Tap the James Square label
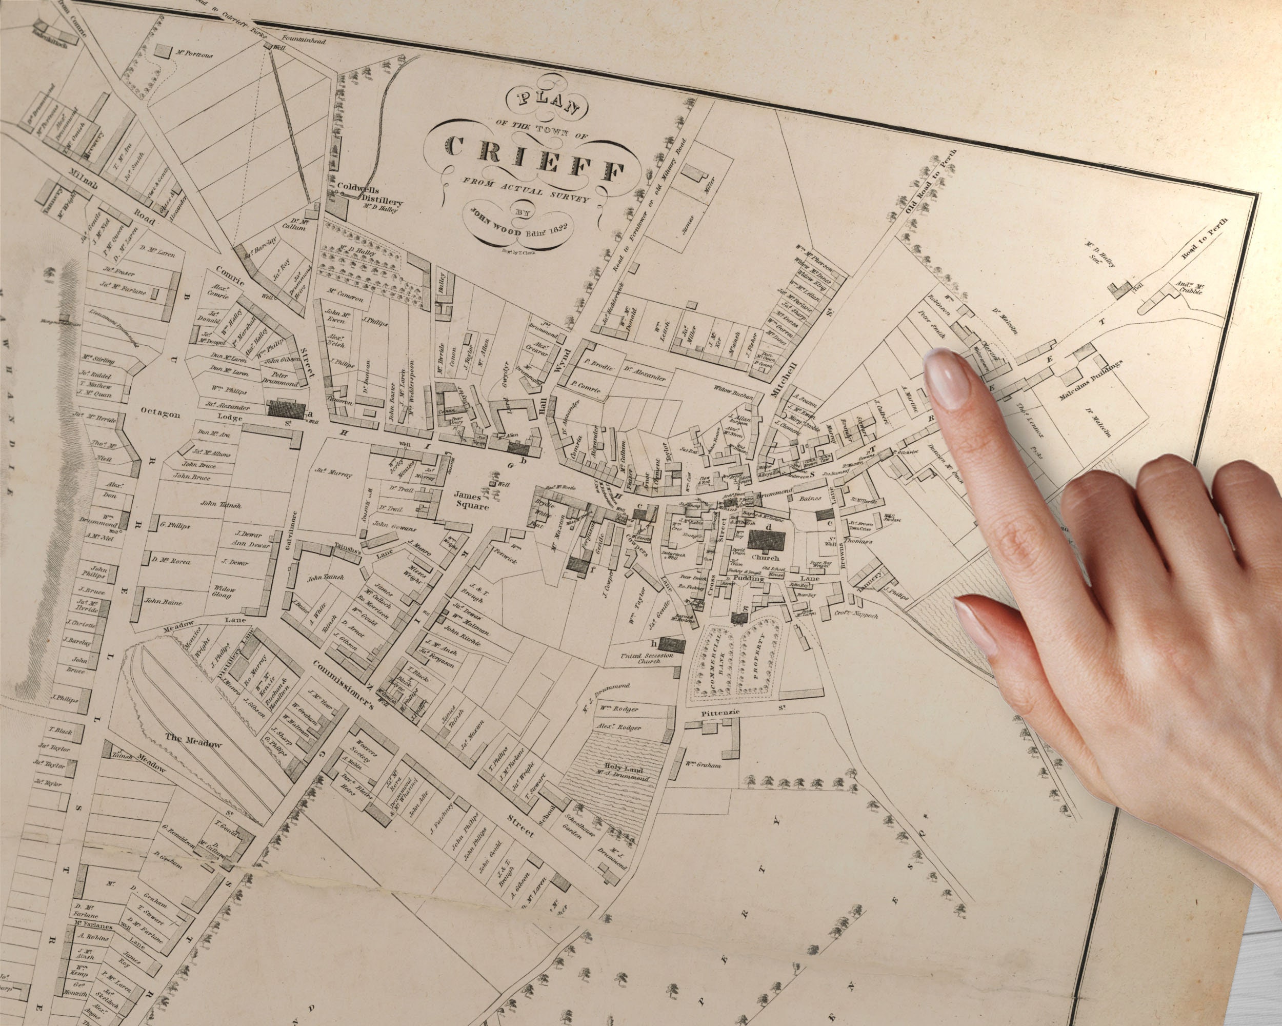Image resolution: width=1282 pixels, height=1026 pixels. point(471,500)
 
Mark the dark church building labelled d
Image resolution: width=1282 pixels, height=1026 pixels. point(767,540)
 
